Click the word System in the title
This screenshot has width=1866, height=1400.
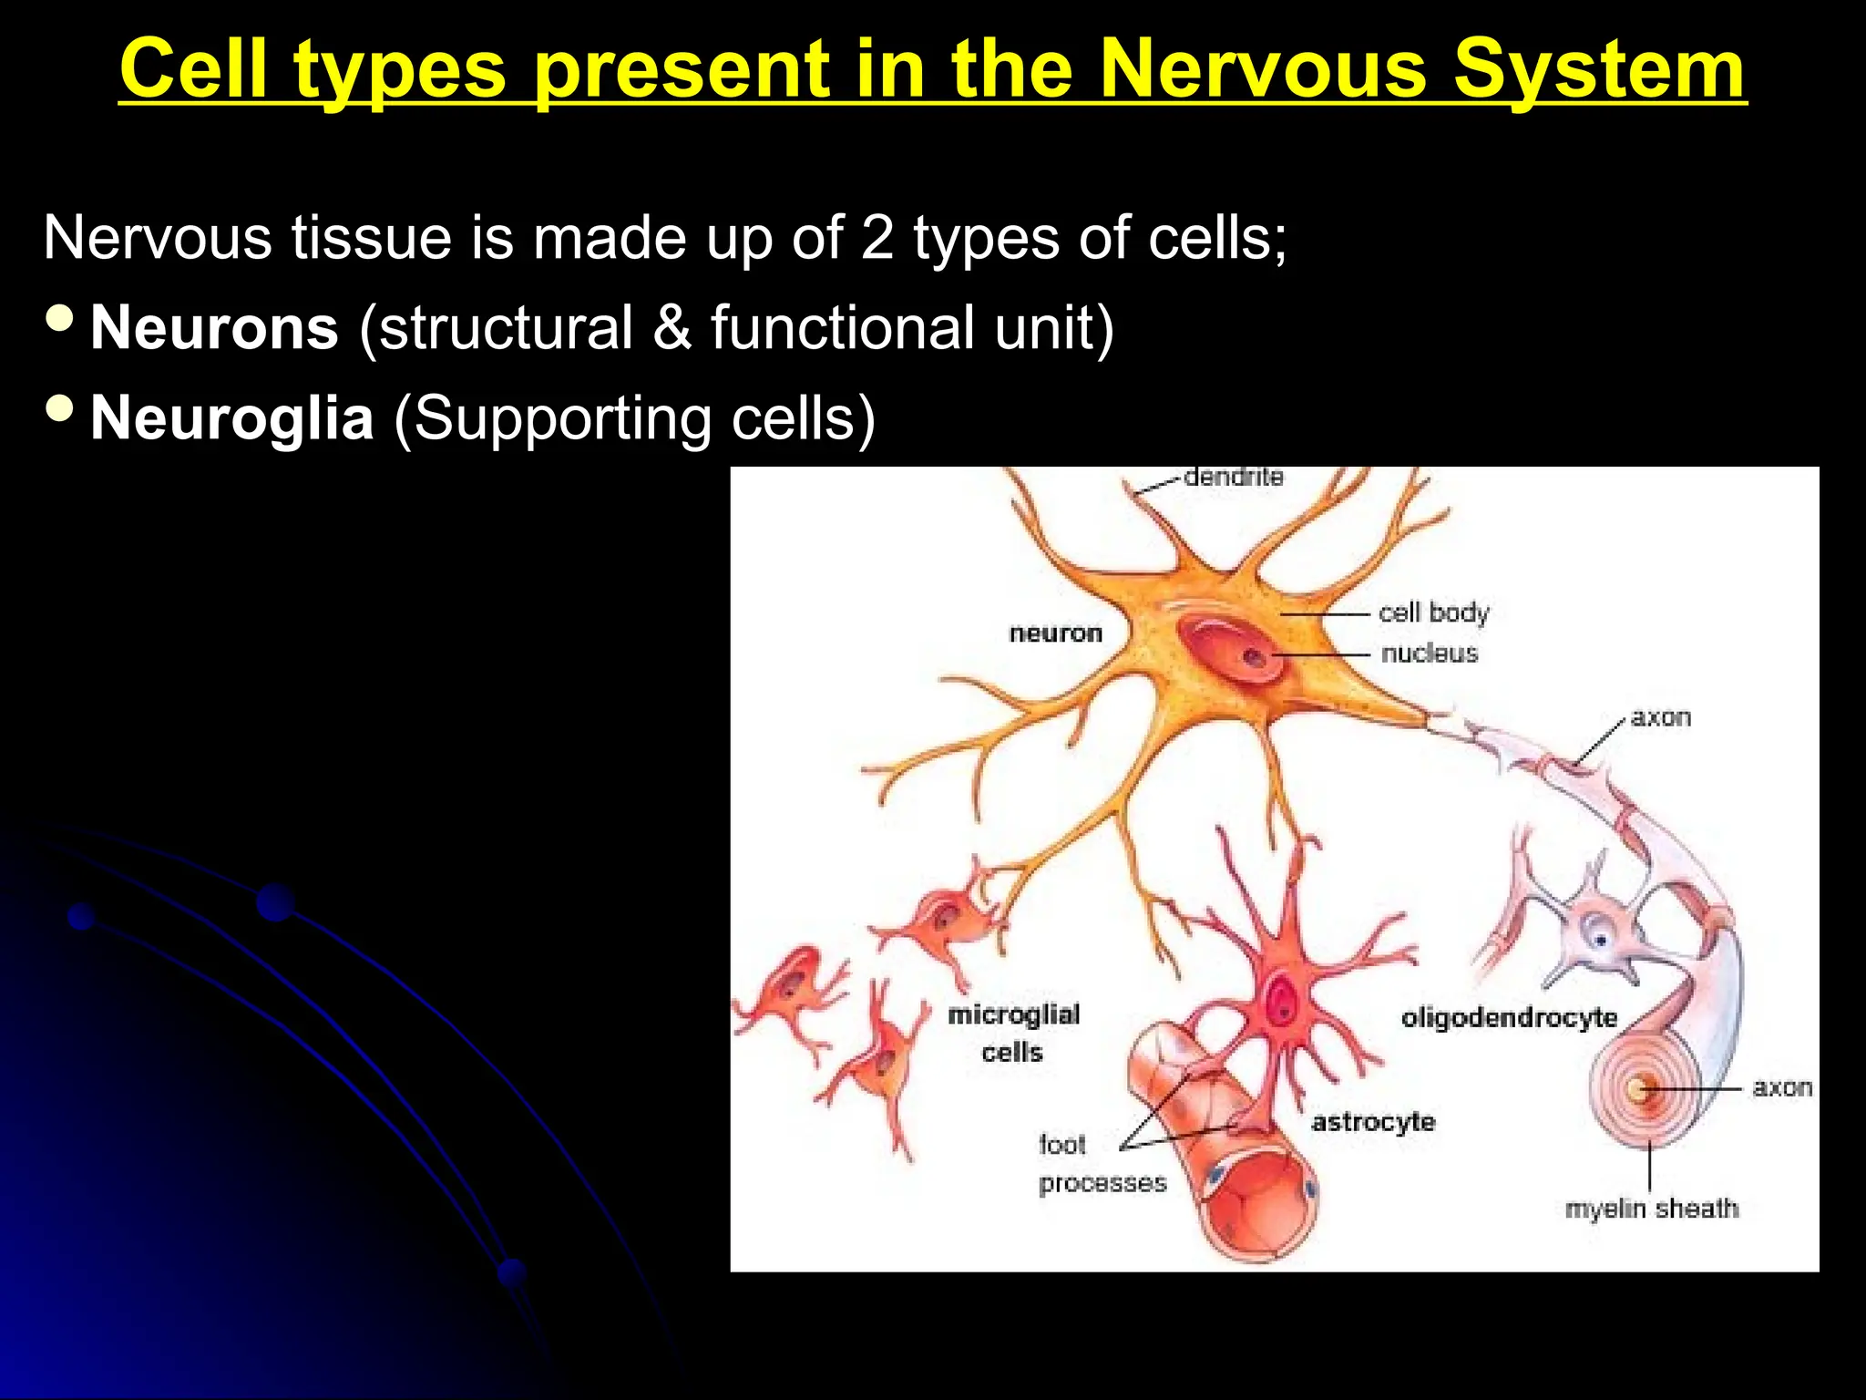(x=1599, y=69)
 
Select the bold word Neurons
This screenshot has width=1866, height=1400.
(x=215, y=328)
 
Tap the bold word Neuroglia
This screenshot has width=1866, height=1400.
(x=232, y=418)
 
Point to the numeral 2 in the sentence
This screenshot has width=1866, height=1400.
(x=877, y=238)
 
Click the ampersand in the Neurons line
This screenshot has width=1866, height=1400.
(x=672, y=328)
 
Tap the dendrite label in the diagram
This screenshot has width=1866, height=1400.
(x=1233, y=478)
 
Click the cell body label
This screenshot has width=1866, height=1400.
(x=1433, y=612)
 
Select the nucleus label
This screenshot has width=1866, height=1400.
(x=1429, y=653)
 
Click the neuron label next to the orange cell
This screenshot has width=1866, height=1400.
(x=1055, y=633)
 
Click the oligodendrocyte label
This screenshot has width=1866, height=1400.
(x=1509, y=1017)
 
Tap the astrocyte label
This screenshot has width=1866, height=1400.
(x=1373, y=1122)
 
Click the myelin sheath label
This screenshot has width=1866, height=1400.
(x=1651, y=1209)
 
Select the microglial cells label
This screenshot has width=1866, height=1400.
(x=1013, y=1033)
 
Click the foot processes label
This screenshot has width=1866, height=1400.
(x=1101, y=1164)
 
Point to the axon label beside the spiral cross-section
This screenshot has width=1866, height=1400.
(x=1781, y=1087)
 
